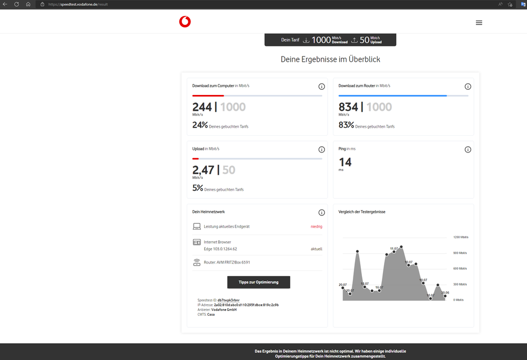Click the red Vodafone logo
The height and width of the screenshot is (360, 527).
[x=185, y=22]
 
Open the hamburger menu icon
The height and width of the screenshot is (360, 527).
[x=479, y=23]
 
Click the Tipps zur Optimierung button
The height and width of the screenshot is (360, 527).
[x=258, y=282]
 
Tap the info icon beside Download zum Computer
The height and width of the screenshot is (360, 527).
[x=322, y=87]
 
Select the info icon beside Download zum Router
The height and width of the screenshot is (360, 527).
[x=467, y=87]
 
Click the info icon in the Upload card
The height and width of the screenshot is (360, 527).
[x=322, y=150]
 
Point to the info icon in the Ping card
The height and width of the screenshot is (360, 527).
[x=467, y=150]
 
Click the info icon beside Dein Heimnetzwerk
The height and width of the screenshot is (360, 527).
[x=322, y=213]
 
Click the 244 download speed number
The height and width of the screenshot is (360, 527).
[x=202, y=107]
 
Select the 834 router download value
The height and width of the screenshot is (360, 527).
[x=348, y=107]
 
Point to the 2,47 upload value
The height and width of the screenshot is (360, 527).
[x=203, y=170]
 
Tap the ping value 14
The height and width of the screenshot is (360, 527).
[x=345, y=162]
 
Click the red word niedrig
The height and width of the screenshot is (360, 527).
[x=317, y=226]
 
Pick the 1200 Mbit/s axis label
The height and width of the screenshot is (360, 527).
[x=461, y=238]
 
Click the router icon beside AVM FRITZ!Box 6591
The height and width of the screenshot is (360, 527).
[x=197, y=262]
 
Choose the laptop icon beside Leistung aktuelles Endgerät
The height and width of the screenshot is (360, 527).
[x=197, y=226]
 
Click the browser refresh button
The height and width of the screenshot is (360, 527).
[x=17, y=4]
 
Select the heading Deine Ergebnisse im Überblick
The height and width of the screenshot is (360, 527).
[x=330, y=59]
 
